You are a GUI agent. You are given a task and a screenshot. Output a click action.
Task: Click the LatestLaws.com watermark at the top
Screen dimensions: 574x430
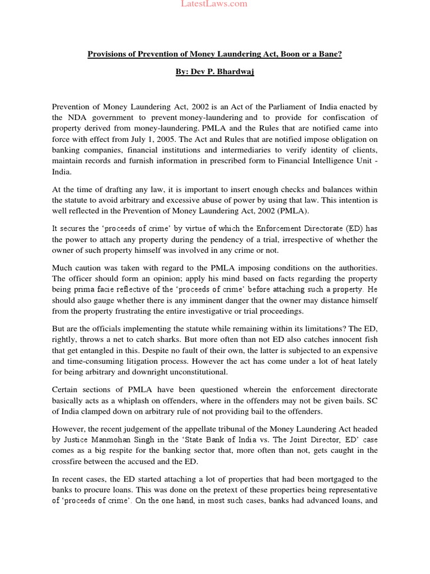pyautogui.click(x=214, y=4)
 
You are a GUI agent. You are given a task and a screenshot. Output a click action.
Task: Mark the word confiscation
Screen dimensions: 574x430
pyautogui.click(x=349, y=118)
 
